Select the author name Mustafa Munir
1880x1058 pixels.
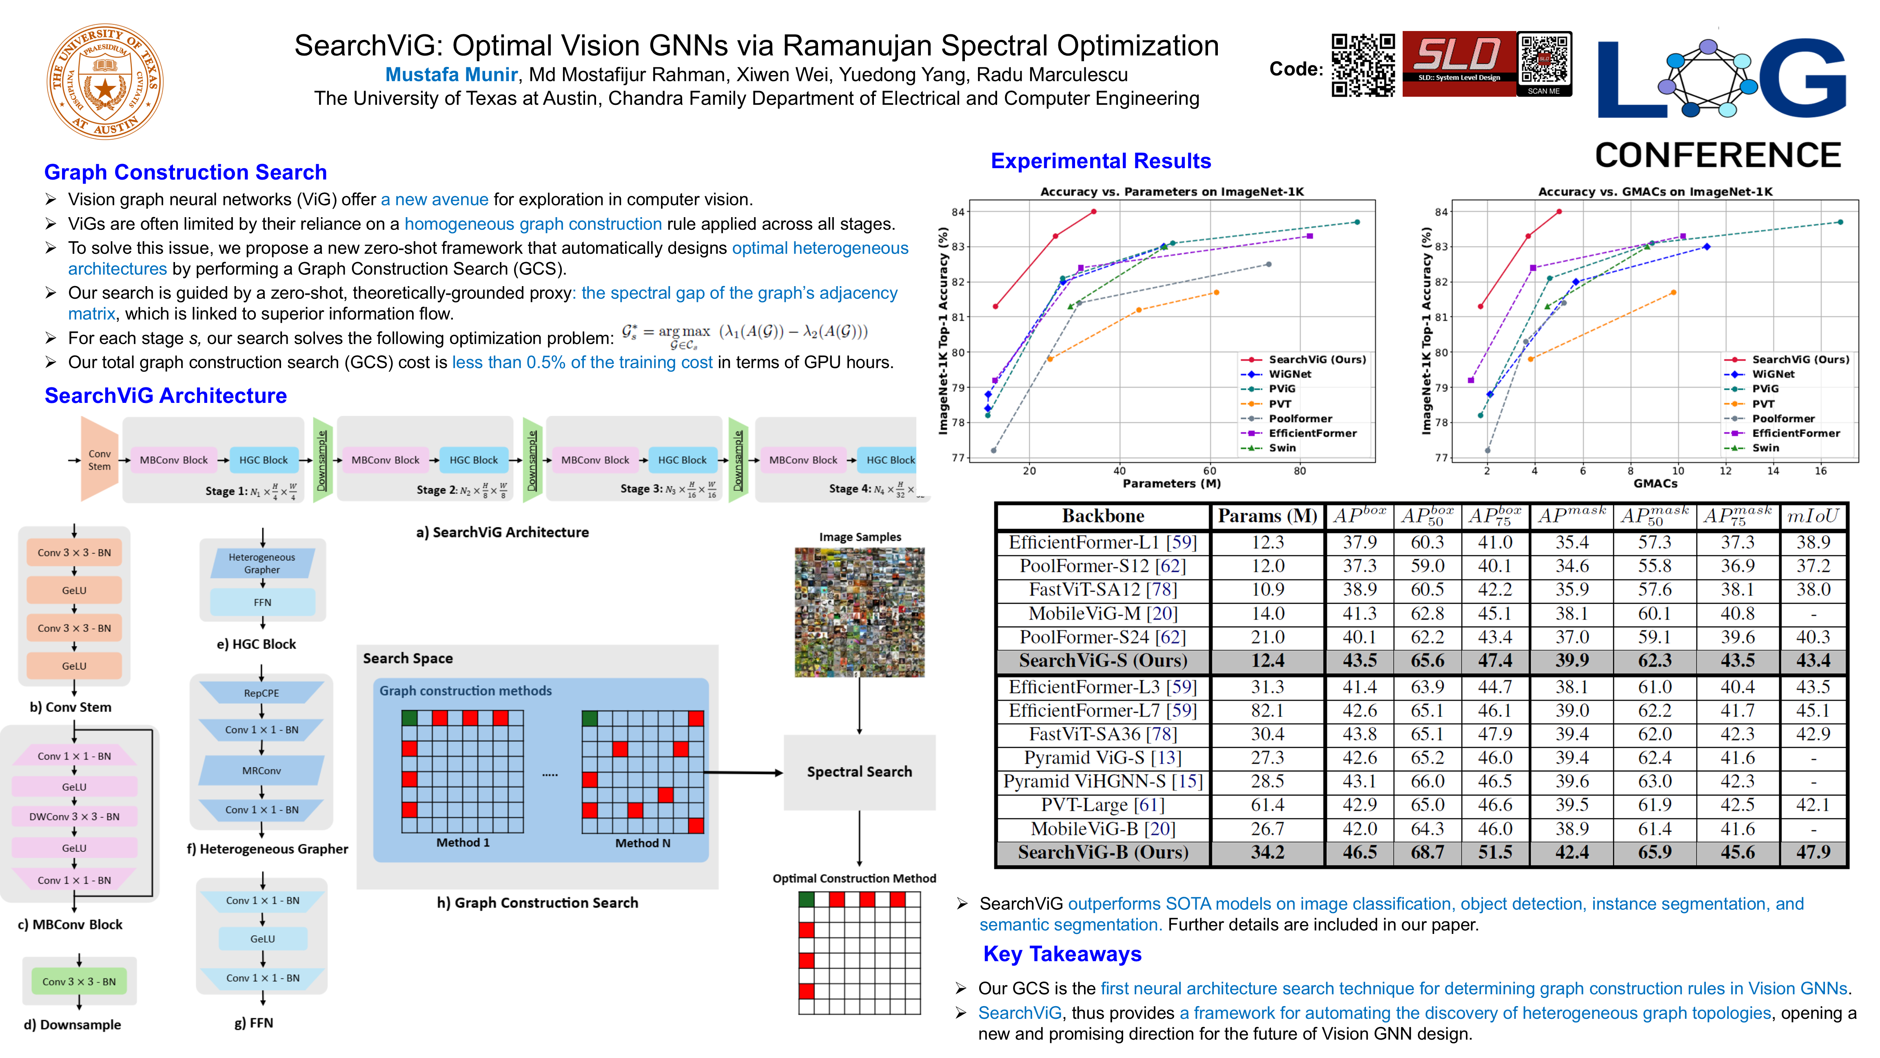(451, 74)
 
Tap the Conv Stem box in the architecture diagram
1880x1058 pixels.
(99, 460)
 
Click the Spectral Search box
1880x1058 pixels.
(859, 772)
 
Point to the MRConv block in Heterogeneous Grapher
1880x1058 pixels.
(261, 770)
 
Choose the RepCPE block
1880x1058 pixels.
(261, 693)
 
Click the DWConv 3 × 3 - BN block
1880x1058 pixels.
(74, 816)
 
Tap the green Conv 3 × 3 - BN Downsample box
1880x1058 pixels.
(79, 981)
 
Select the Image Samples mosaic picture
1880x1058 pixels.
(859, 612)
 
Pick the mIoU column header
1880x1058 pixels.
(1812, 516)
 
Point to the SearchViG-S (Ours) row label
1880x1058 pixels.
(1103, 661)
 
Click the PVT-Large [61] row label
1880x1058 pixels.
(1103, 805)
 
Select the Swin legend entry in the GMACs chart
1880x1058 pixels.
(1765, 448)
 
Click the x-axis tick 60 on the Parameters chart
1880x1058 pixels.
(1209, 471)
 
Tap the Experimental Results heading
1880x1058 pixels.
(1101, 161)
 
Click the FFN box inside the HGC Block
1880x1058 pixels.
(262, 602)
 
